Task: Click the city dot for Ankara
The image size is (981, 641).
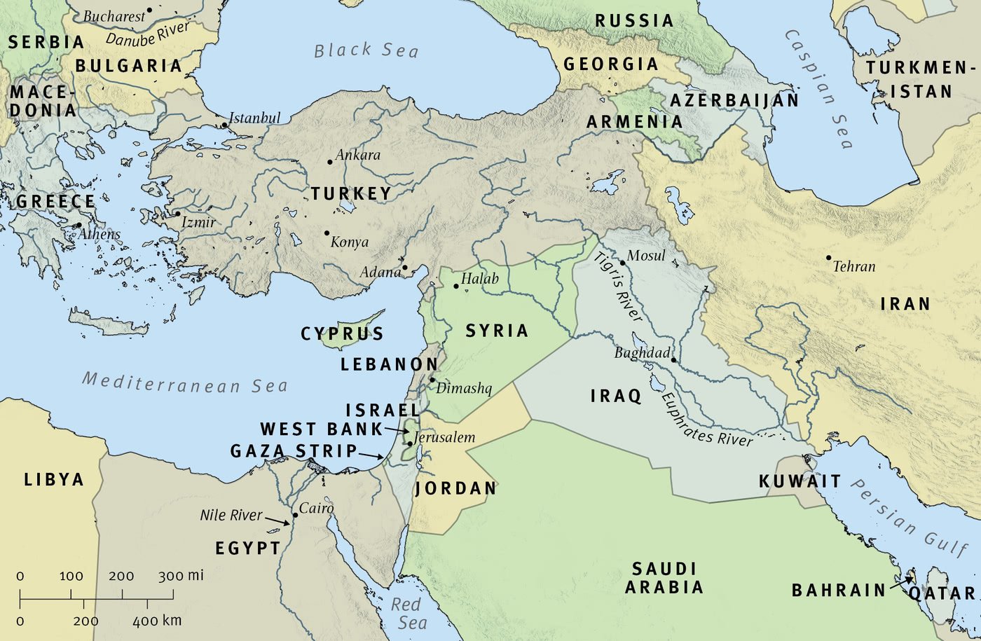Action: click(x=330, y=162)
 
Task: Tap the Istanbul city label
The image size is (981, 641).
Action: click(x=255, y=118)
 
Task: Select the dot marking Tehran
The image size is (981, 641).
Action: click(x=829, y=258)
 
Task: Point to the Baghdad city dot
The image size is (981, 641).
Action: click(x=673, y=360)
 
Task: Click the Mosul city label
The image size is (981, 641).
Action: click(x=646, y=256)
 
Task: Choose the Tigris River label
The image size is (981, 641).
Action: click(x=619, y=287)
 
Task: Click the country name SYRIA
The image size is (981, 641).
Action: click(x=497, y=331)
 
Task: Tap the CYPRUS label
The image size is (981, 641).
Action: click(x=343, y=334)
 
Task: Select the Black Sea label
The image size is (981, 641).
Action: click(x=366, y=50)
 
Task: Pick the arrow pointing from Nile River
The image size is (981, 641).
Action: click(x=278, y=521)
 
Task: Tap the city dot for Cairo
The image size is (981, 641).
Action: click(x=295, y=515)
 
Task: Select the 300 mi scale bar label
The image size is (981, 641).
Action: click(x=181, y=576)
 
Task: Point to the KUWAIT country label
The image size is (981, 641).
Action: click(x=800, y=481)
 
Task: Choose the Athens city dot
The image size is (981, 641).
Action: click(x=78, y=226)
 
